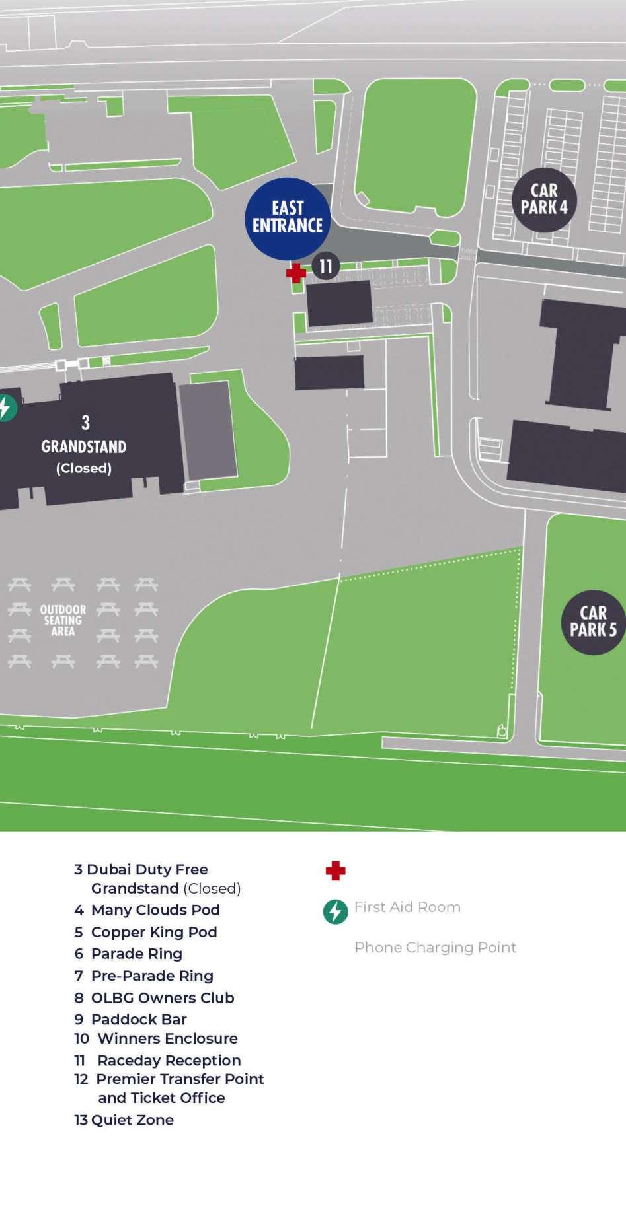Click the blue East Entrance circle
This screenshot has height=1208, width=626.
(x=288, y=218)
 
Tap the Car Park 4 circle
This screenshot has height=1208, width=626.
(x=544, y=199)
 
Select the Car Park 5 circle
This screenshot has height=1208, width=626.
(x=593, y=622)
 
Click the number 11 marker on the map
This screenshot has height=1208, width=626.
(x=325, y=266)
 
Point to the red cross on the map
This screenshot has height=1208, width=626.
(x=295, y=273)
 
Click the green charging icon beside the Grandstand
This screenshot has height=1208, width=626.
(x=5, y=408)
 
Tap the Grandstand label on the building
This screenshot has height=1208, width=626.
(x=84, y=446)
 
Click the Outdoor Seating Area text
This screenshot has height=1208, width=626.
(x=63, y=620)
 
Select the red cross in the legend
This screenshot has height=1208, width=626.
(x=336, y=870)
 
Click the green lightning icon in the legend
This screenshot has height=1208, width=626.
(x=336, y=911)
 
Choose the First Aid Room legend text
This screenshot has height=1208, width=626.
(x=407, y=907)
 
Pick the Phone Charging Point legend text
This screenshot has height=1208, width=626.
(x=435, y=947)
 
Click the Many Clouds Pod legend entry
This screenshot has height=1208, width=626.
(x=147, y=909)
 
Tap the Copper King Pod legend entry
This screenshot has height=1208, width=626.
(x=146, y=932)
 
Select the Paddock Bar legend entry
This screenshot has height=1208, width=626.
(x=131, y=1019)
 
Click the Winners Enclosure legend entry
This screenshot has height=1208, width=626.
(x=156, y=1038)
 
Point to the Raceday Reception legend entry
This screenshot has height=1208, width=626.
(x=158, y=1060)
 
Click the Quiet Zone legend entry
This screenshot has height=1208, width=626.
(x=124, y=1119)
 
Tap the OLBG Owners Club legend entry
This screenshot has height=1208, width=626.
(x=155, y=997)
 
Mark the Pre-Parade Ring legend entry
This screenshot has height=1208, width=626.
(x=144, y=976)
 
